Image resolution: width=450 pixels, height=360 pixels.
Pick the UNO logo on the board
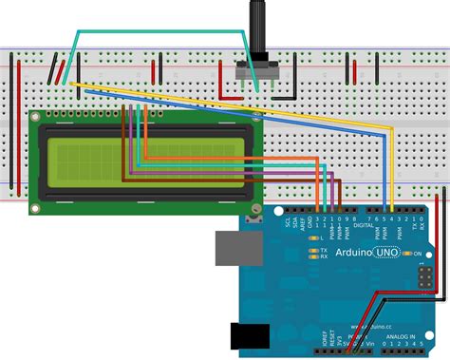[x=388, y=254]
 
